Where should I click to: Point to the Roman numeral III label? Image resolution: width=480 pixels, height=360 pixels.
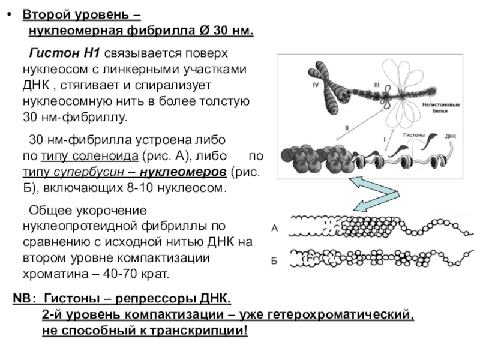click(377, 85)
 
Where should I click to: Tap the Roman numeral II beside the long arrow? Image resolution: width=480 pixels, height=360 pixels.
click(346, 127)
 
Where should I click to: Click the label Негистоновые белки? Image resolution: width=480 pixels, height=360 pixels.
click(440, 107)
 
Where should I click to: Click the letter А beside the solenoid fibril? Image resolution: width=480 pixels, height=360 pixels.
click(274, 228)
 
